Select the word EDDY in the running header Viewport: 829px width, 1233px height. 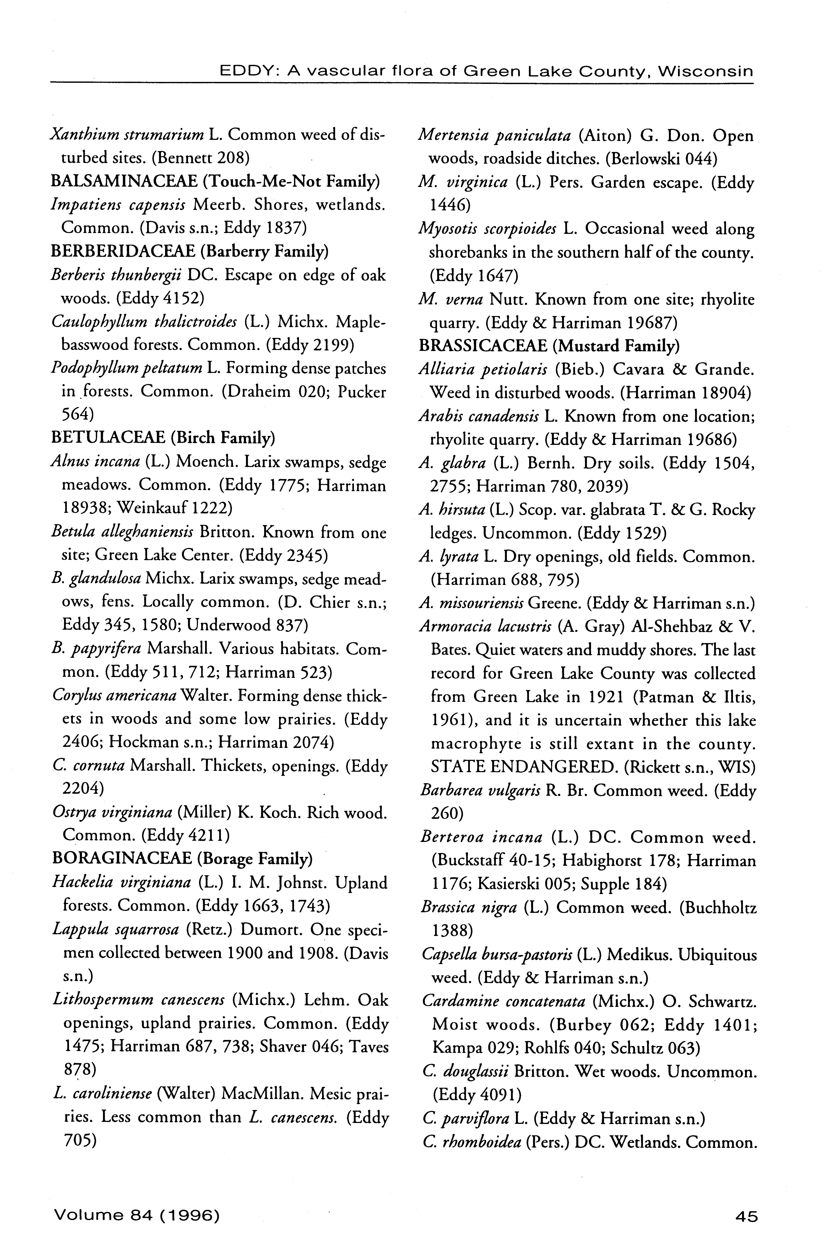[244, 71]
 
